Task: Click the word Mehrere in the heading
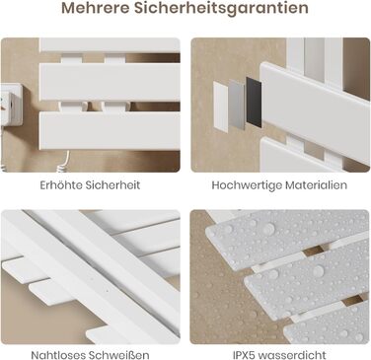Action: [95, 8]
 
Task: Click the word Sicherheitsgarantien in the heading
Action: [221, 8]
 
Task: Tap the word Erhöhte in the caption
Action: [61, 184]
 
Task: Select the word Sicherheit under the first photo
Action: [112, 184]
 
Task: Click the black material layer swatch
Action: [254, 103]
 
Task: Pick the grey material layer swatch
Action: [237, 105]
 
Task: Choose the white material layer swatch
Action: [221, 106]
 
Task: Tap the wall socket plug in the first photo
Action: [11, 105]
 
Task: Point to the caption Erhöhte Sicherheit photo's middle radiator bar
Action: [110, 82]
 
